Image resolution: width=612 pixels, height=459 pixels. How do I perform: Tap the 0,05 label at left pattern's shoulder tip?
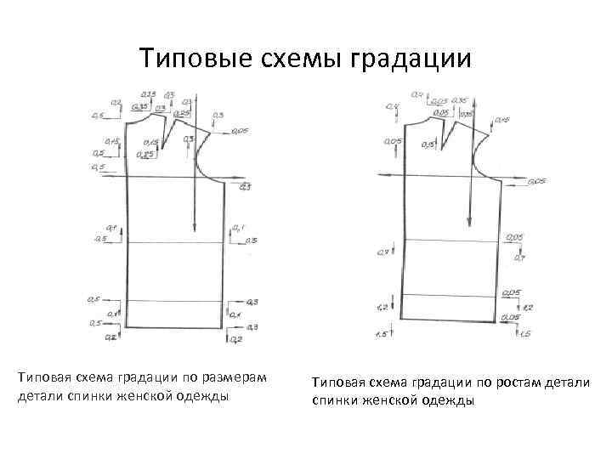(x=238, y=133)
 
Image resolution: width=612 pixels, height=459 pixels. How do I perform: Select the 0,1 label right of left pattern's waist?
(x=238, y=228)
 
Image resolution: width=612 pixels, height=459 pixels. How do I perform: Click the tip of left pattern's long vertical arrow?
(x=195, y=229)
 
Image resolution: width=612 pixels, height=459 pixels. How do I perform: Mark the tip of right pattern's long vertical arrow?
(x=468, y=224)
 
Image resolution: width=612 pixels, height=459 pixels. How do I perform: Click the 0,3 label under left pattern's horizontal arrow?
(x=246, y=186)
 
